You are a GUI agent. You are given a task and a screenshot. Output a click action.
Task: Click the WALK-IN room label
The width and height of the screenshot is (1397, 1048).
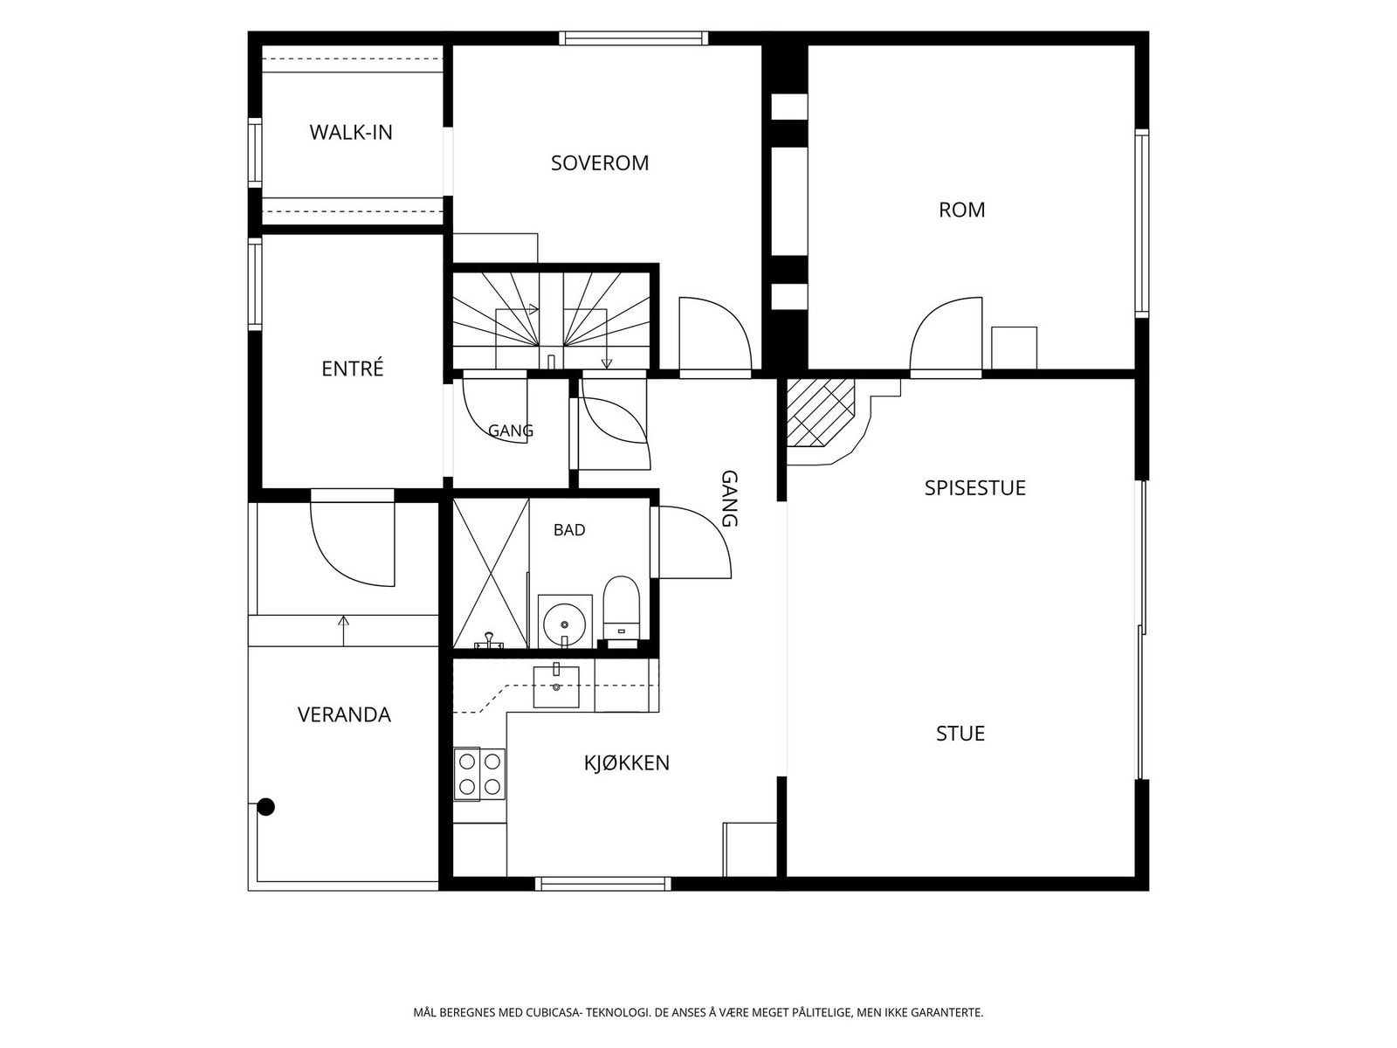click(351, 133)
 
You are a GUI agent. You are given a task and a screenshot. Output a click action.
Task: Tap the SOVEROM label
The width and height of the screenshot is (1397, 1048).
click(600, 163)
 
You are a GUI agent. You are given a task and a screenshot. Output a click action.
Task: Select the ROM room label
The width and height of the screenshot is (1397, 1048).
click(961, 210)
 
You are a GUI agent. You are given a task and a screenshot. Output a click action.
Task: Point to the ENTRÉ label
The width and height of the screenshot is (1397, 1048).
click(353, 369)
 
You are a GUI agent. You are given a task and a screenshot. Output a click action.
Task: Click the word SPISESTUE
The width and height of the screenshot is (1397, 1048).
click(975, 488)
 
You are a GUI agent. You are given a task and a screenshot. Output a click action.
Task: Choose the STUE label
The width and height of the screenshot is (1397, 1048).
click(960, 734)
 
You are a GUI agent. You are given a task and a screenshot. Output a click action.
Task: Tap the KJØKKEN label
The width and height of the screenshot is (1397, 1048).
click(627, 763)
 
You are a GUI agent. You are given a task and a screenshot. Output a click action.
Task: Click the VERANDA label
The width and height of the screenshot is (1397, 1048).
click(344, 714)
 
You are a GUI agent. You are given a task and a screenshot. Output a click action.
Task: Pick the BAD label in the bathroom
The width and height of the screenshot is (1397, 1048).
click(569, 530)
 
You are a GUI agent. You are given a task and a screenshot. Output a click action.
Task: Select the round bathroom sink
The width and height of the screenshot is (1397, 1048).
click(565, 622)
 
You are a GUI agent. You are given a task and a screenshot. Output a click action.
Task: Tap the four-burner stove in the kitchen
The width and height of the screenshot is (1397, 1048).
click(479, 774)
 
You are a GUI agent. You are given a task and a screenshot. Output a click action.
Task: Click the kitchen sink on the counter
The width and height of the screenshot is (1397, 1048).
click(556, 687)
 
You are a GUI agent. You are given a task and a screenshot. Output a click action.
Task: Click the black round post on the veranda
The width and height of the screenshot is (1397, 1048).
click(266, 807)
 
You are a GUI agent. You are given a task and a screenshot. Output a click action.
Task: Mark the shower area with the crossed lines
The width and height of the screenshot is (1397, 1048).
click(491, 573)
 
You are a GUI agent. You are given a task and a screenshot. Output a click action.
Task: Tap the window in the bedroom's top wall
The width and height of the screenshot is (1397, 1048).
click(633, 38)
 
